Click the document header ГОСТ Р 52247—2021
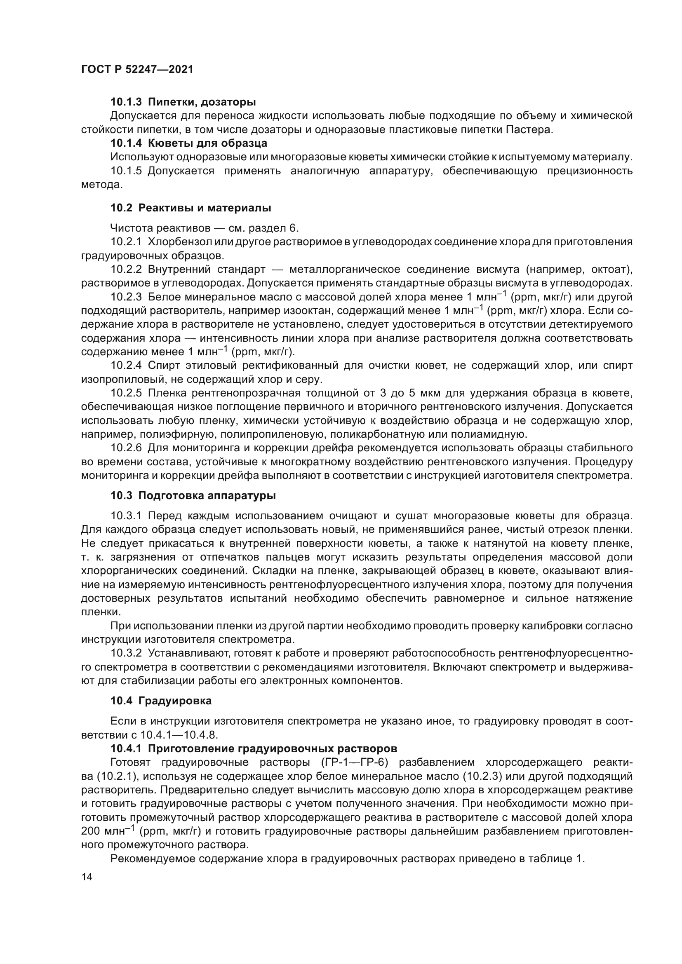137,69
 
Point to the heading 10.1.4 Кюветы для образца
188,143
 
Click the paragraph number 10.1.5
127,171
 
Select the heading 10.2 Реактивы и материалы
190,208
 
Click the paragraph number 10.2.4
127,365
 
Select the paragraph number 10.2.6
127,448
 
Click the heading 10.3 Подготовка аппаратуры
193,495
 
